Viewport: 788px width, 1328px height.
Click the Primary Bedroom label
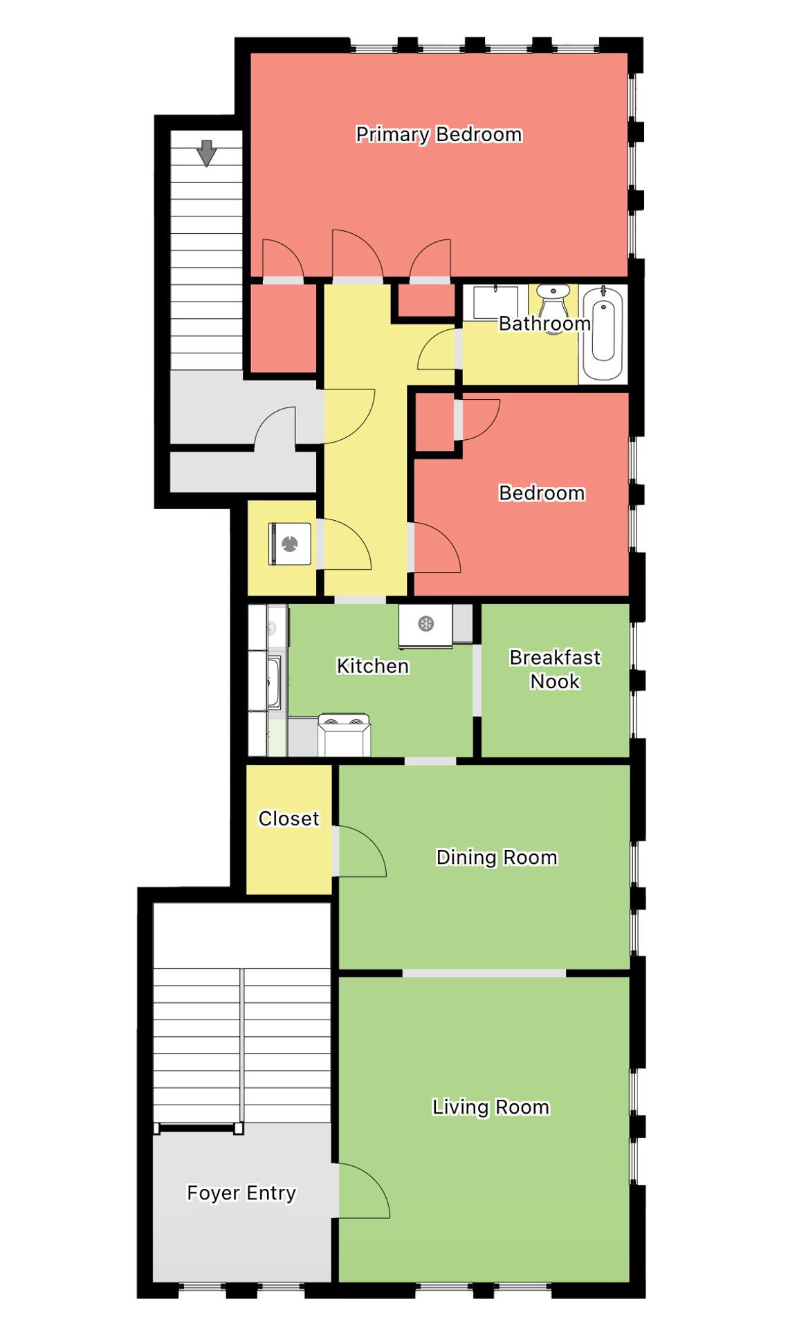[x=439, y=134]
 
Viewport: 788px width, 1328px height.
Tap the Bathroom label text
[x=544, y=323]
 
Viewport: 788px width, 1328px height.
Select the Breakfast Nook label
[x=555, y=669]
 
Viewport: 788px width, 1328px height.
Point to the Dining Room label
[x=497, y=858]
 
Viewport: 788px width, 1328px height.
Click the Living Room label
[x=491, y=1107]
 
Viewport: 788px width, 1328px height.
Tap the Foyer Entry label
[x=241, y=1193]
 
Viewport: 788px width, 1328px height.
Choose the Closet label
[x=288, y=818]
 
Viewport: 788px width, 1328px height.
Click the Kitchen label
[x=372, y=665]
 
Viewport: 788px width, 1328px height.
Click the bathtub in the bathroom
[x=603, y=333]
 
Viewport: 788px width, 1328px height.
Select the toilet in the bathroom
[x=553, y=304]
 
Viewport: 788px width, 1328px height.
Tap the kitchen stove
[x=344, y=735]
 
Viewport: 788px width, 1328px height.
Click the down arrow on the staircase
[x=206, y=153]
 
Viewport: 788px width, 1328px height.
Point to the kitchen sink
[x=274, y=681]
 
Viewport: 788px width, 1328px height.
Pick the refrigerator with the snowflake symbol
[x=425, y=626]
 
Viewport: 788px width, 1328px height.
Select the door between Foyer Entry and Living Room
[x=363, y=1190]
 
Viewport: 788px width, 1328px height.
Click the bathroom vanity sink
[x=495, y=302]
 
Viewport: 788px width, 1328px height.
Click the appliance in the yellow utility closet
[x=290, y=544]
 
